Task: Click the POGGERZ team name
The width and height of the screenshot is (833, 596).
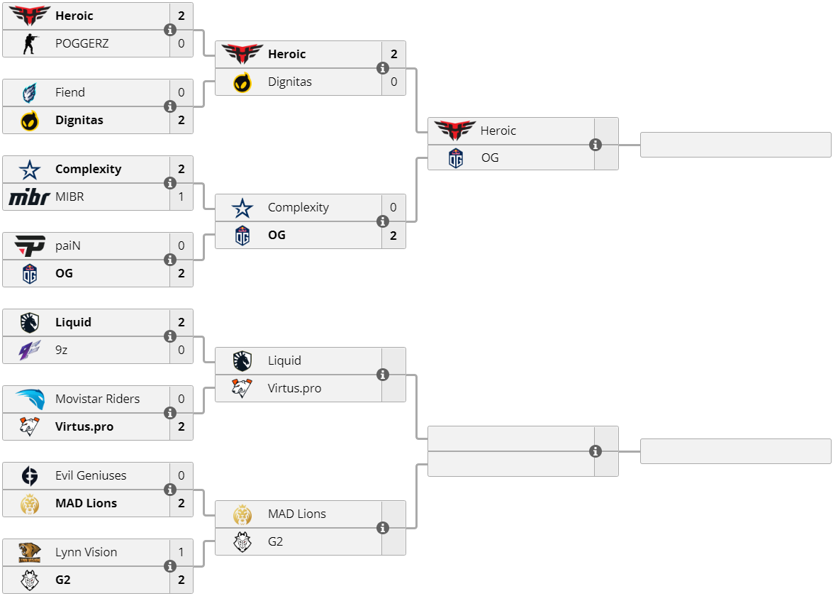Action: click(x=82, y=43)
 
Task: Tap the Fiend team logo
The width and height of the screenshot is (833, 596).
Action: click(x=29, y=92)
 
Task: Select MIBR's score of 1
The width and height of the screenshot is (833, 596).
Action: click(x=181, y=197)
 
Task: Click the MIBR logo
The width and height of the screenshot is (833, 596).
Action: click(x=29, y=197)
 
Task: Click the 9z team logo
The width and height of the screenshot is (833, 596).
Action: click(x=29, y=350)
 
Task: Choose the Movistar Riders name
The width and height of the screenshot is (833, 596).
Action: click(x=97, y=399)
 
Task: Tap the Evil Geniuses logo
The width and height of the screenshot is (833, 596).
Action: click(x=29, y=475)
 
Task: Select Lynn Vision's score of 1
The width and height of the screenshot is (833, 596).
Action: click(x=181, y=552)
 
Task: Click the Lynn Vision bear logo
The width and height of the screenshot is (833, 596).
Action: click(x=29, y=552)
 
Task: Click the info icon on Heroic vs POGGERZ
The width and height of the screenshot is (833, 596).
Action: click(x=170, y=30)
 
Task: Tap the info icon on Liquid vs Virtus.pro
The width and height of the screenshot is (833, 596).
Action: click(x=383, y=375)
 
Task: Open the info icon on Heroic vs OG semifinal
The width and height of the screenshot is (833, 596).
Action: click(x=596, y=145)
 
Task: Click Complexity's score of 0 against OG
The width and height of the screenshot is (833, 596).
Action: click(x=393, y=207)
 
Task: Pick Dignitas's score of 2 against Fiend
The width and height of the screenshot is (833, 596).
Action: click(x=181, y=120)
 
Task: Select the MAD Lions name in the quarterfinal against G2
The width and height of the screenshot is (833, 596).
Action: click(x=296, y=514)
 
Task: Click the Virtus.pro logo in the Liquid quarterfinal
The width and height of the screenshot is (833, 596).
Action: click(x=242, y=388)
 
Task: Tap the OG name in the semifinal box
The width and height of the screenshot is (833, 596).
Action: click(x=490, y=158)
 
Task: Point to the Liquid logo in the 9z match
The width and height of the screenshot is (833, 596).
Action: click(x=29, y=322)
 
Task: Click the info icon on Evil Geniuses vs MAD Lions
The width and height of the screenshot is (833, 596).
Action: click(x=170, y=490)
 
